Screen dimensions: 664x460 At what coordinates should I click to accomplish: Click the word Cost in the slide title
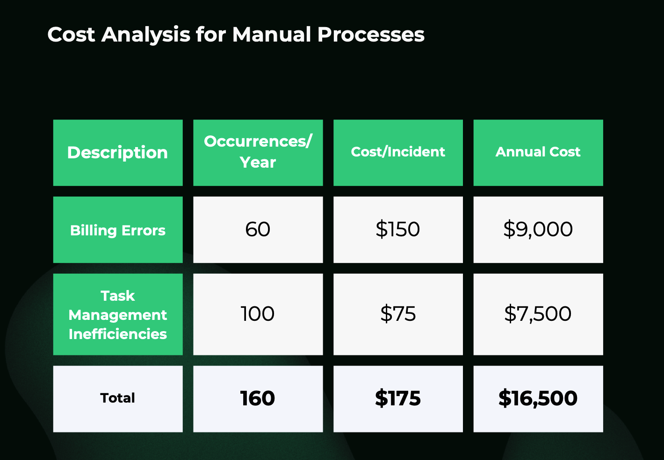pos(71,35)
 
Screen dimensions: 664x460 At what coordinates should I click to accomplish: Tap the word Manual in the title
pos(272,35)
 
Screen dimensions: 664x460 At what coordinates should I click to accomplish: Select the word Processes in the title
pos(371,35)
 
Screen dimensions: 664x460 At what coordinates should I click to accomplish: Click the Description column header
pos(118,153)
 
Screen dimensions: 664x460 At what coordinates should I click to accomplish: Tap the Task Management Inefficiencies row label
pos(118,315)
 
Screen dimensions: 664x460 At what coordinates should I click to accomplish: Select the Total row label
pos(118,398)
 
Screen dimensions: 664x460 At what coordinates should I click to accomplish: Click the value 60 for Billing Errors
pos(258,229)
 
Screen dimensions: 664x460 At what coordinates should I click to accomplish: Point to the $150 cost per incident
pos(398,229)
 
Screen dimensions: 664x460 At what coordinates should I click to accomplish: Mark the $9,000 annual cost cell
pos(538,229)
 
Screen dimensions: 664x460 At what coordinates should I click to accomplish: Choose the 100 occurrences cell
pos(258,314)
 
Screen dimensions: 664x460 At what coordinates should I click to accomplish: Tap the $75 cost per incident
pos(398,314)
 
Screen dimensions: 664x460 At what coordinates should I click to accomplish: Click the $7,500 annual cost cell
pos(538,314)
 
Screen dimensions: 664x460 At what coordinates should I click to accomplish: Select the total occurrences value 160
pos(258,398)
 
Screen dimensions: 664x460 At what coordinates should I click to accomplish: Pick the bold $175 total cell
pos(398,398)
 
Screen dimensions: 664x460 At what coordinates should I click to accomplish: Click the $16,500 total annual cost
pos(538,398)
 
